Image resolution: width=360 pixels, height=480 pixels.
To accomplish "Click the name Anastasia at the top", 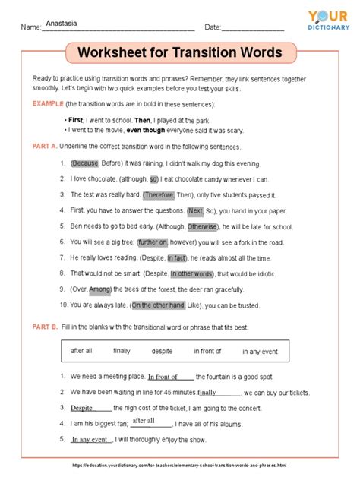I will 62,24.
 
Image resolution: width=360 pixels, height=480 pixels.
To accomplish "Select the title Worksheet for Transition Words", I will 179,53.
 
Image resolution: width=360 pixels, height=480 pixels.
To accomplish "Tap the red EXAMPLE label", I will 46,103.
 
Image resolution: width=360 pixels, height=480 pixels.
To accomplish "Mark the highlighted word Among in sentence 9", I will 100,289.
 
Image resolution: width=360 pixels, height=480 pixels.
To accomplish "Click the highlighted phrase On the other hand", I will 158,305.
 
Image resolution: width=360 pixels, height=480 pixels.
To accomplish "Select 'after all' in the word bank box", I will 81,351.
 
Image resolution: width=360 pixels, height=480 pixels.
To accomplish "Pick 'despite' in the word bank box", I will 162,351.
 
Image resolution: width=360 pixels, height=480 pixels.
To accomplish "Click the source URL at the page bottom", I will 180,465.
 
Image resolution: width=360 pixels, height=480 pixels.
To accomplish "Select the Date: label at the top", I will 212,27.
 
